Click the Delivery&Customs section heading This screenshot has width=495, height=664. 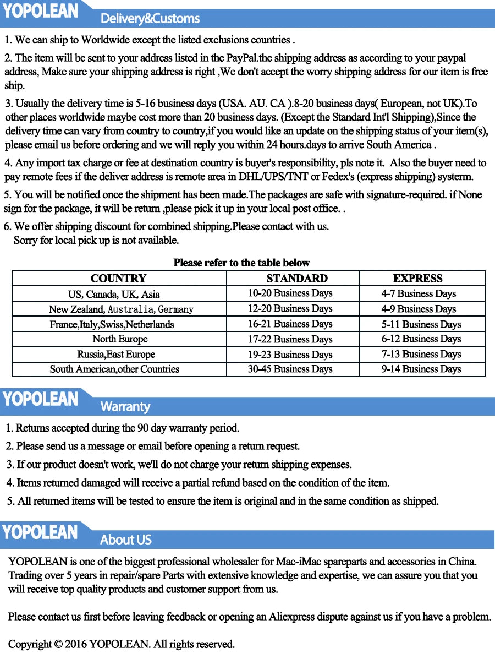(x=150, y=19)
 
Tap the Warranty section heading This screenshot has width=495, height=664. (x=125, y=407)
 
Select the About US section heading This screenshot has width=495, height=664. (x=125, y=540)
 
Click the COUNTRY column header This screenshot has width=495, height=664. (x=119, y=279)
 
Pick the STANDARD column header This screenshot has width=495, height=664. (x=297, y=279)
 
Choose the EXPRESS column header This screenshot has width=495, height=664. (x=418, y=279)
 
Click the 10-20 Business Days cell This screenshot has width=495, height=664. (x=290, y=293)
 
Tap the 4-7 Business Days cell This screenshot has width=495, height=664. (x=419, y=294)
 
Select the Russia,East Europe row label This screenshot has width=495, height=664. (x=116, y=355)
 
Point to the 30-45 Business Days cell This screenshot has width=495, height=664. (x=290, y=369)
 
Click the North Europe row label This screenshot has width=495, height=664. (x=120, y=339)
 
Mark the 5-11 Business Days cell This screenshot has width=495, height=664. (x=421, y=324)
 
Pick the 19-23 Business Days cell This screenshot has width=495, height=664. (x=290, y=355)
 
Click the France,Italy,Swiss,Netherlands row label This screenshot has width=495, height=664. (x=112, y=324)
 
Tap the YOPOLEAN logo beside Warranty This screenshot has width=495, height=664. (x=41, y=399)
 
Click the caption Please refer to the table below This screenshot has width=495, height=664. (x=241, y=263)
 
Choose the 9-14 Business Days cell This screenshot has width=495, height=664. (x=421, y=369)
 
